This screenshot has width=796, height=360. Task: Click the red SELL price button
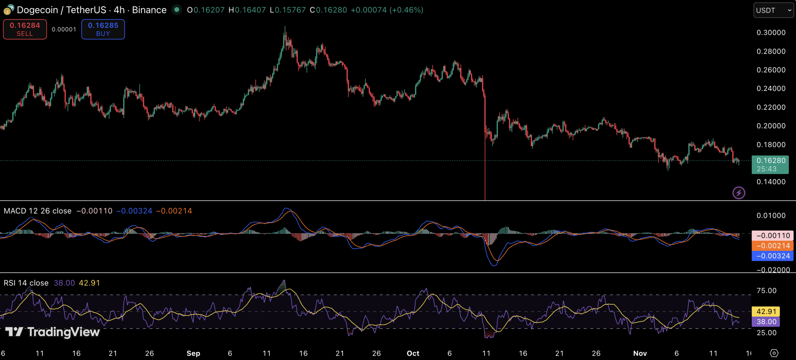pos(25,29)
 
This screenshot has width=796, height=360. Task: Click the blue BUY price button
pos(103,29)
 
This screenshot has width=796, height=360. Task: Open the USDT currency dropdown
pos(773,10)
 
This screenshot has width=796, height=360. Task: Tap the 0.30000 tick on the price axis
pos(771,33)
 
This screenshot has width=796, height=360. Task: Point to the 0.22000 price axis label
pos(771,107)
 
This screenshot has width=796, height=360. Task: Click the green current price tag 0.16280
pos(770,164)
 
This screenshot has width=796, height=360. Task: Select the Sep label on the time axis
pos(193,353)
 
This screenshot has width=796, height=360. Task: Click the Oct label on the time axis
pos(413,353)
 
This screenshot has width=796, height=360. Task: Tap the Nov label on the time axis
pos(640,353)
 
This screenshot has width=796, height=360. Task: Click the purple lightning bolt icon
pos(738,193)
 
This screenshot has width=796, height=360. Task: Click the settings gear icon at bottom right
pos(774,353)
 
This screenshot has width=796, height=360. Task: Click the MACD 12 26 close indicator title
pos(38,211)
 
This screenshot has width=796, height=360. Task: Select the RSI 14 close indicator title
pos(26,283)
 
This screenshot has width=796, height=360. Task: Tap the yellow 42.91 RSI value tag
pos(766,311)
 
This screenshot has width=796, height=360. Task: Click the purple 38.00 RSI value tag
pos(766,321)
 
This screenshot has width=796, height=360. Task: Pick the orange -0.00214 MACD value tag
pos(772,246)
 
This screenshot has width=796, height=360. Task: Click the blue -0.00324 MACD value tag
pos(772,256)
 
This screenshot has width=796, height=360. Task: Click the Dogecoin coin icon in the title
pos(8,10)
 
